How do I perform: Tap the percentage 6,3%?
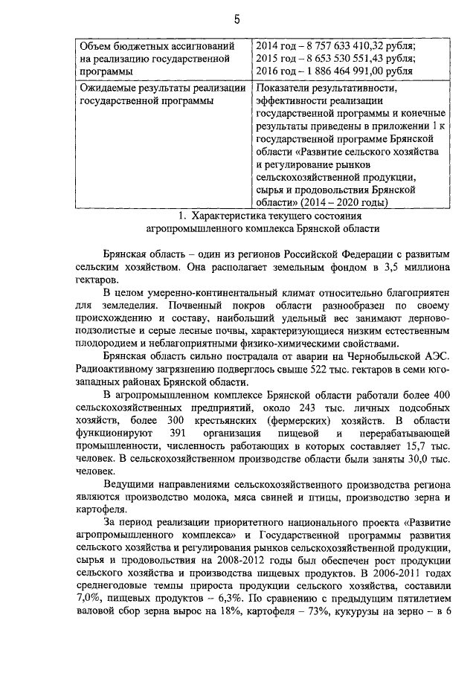click(x=213, y=596)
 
